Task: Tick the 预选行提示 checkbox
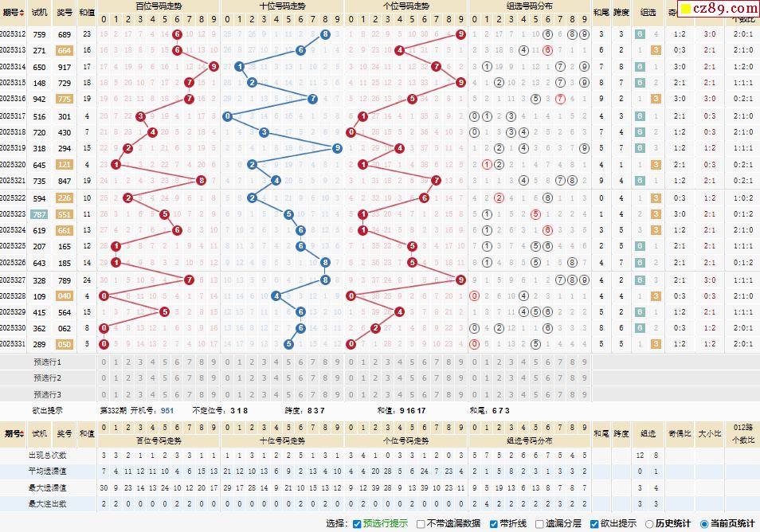click(x=357, y=523)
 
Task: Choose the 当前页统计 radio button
click(x=703, y=523)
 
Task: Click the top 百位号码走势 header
click(x=159, y=5)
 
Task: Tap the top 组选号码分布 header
click(x=530, y=5)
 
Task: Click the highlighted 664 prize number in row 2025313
click(x=65, y=50)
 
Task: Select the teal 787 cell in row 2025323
click(x=39, y=214)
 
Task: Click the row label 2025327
click(x=14, y=280)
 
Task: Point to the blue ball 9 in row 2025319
click(x=338, y=148)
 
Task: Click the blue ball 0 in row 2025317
click(x=227, y=116)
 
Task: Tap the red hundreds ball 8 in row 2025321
click(x=202, y=181)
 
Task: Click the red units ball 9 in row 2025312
click(x=461, y=34)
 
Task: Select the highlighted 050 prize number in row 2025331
click(x=65, y=344)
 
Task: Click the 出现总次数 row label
click(x=48, y=456)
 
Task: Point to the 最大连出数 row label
click(x=48, y=503)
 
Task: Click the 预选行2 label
click(x=48, y=378)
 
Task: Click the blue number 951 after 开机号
click(x=167, y=410)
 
